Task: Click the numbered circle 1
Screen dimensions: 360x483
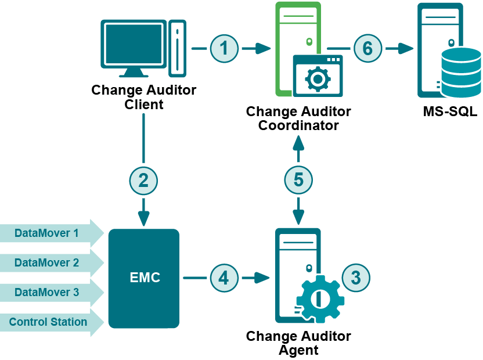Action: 224,49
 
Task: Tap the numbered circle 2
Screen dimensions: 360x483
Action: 143,181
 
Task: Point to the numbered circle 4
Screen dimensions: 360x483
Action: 224,278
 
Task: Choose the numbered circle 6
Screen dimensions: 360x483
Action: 367,49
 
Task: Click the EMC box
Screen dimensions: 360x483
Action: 144,278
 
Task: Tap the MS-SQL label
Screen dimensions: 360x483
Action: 450,111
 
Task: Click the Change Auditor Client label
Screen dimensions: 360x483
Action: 144,98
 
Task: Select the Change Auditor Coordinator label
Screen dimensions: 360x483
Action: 298,118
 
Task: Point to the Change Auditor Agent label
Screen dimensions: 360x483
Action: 298,343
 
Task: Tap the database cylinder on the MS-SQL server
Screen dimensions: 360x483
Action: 461,72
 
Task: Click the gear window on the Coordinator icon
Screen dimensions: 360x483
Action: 318,77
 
